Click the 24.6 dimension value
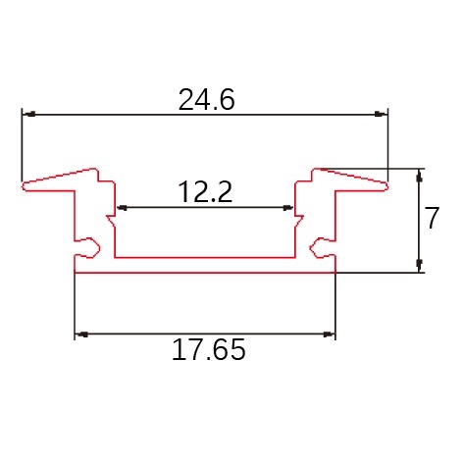point(206,99)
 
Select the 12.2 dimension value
point(205,192)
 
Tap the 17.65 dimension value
point(208,349)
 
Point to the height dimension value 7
point(432,218)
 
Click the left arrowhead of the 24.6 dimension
point(29,114)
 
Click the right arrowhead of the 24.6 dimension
point(381,114)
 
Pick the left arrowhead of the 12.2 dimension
point(122,207)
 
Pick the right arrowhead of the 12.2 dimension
point(288,207)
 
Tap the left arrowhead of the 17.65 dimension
point(81,334)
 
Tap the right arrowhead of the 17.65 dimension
point(329,334)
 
